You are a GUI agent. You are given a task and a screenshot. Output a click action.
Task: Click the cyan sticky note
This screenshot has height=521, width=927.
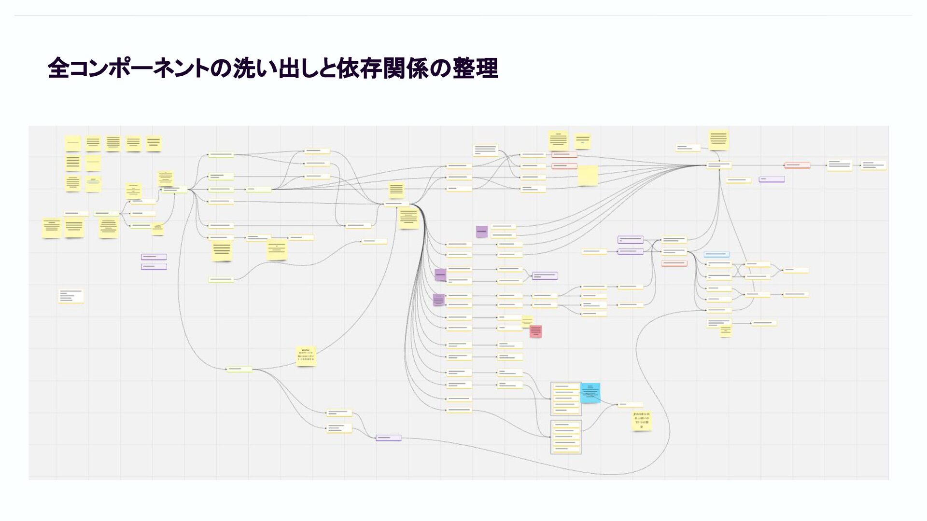pos(590,393)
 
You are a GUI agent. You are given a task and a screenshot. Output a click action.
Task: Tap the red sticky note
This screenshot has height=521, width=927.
pos(535,331)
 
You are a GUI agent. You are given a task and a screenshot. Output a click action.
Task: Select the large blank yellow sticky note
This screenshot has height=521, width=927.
pos(588,176)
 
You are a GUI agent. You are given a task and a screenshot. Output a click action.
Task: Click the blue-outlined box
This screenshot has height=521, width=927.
pos(716,254)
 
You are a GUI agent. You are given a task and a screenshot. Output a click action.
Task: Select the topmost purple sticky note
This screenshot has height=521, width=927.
pos(481,232)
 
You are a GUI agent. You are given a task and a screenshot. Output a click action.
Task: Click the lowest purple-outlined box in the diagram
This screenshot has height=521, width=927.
pos(388,438)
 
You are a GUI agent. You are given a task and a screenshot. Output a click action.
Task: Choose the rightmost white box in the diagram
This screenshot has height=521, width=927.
pos(873,165)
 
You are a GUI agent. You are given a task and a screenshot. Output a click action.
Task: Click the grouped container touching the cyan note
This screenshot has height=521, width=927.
pos(566,399)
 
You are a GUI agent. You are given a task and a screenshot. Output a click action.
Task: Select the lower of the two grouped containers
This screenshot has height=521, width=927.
pos(566,437)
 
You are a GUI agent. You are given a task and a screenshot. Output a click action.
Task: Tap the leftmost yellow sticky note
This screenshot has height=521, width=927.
pos(51,228)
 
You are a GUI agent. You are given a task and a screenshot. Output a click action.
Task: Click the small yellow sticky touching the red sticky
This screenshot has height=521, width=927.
pos(527,321)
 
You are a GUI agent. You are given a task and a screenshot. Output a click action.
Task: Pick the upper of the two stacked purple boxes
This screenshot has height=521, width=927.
pos(154,257)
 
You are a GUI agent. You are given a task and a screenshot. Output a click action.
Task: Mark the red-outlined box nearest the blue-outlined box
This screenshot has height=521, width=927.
pos(674,263)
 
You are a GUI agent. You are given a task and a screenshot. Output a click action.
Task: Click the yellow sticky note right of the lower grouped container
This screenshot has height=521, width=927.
pos(642,421)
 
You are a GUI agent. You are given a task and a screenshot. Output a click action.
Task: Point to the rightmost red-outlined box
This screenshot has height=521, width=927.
pos(797,165)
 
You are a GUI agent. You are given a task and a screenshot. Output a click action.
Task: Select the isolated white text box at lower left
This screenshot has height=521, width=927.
pos(71,296)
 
